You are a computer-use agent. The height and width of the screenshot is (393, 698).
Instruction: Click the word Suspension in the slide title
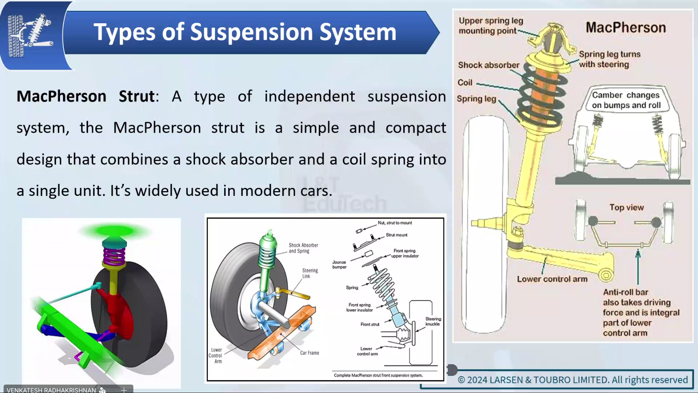(251, 32)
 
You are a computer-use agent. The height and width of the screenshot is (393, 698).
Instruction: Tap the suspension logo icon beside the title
(30, 35)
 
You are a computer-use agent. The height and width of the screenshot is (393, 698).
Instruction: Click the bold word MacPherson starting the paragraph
(61, 97)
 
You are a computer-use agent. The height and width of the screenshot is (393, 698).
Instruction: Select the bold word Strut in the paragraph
(137, 97)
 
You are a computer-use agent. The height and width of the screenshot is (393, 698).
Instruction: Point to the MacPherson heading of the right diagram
(626, 28)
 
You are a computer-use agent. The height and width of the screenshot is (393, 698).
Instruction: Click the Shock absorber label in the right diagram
(489, 65)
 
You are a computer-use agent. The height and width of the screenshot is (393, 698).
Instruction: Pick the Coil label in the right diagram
(465, 83)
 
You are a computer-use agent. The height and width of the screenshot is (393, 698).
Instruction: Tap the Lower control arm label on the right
(552, 279)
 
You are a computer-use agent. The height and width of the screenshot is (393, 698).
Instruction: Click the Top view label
(626, 208)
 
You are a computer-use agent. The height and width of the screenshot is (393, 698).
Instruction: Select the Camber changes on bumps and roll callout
(626, 100)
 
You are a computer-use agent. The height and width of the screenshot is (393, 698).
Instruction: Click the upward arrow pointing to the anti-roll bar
(638, 266)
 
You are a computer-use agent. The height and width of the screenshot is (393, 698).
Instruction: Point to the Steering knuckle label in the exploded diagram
(433, 321)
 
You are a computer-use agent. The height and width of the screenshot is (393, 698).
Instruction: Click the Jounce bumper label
(339, 264)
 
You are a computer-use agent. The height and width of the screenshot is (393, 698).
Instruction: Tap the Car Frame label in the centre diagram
(310, 353)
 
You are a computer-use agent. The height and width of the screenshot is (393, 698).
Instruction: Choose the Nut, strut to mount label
(394, 223)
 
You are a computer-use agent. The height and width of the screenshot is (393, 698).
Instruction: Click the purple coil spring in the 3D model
(114, 255)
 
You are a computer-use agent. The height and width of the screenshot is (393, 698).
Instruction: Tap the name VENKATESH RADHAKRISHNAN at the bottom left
(51, 390)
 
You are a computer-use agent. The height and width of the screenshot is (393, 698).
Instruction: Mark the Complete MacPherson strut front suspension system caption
(378, 375)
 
